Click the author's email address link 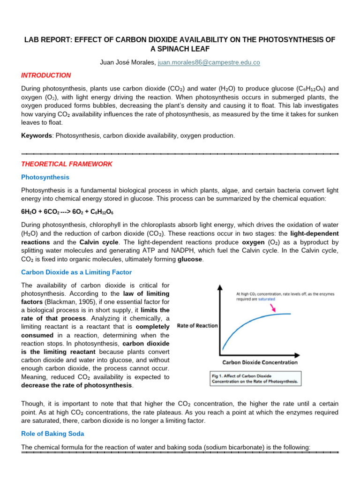coord(209,62)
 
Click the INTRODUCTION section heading coord(46,75)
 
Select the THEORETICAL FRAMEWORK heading coord(67,164)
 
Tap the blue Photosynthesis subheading coord(45,177)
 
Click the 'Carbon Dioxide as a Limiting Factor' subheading coord(76,272)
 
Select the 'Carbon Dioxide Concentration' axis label coord(260,362)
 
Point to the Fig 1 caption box coord(255,379)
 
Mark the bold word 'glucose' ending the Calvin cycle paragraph coord(189,259)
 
